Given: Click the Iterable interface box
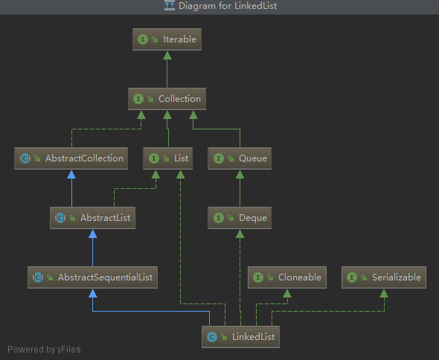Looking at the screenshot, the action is tap(167, 39).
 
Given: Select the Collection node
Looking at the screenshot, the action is tap(167, 99).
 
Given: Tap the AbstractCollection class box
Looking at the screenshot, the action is tap(71, 158).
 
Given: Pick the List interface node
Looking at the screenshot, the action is tap(167, 158).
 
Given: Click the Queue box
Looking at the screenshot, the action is tap(240, 158).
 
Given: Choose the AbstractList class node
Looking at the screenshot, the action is tap(92, 218).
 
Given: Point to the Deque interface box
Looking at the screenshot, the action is tap(240, 218).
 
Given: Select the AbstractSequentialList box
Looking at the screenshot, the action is tap(92, 277).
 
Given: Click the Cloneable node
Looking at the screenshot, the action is tap(287, 277).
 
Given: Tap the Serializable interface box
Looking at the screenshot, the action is tap(384, 277).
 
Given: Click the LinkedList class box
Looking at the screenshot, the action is tap(240, 337).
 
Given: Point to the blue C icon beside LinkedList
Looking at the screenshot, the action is tap(212, 337).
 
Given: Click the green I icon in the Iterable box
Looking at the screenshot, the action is tap(143, 39).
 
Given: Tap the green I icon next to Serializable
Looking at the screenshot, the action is tap(352, 277).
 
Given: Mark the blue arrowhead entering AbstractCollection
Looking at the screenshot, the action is tap(71, 174).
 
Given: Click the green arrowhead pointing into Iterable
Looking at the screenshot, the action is tap(167, 56).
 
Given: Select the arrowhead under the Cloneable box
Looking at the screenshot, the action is tap(287, 293).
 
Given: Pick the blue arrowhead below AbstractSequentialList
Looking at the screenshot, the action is tap(93, 293).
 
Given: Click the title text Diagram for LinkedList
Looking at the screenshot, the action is tap(228, 6).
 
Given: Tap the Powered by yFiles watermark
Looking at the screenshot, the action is tap(44, 350).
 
